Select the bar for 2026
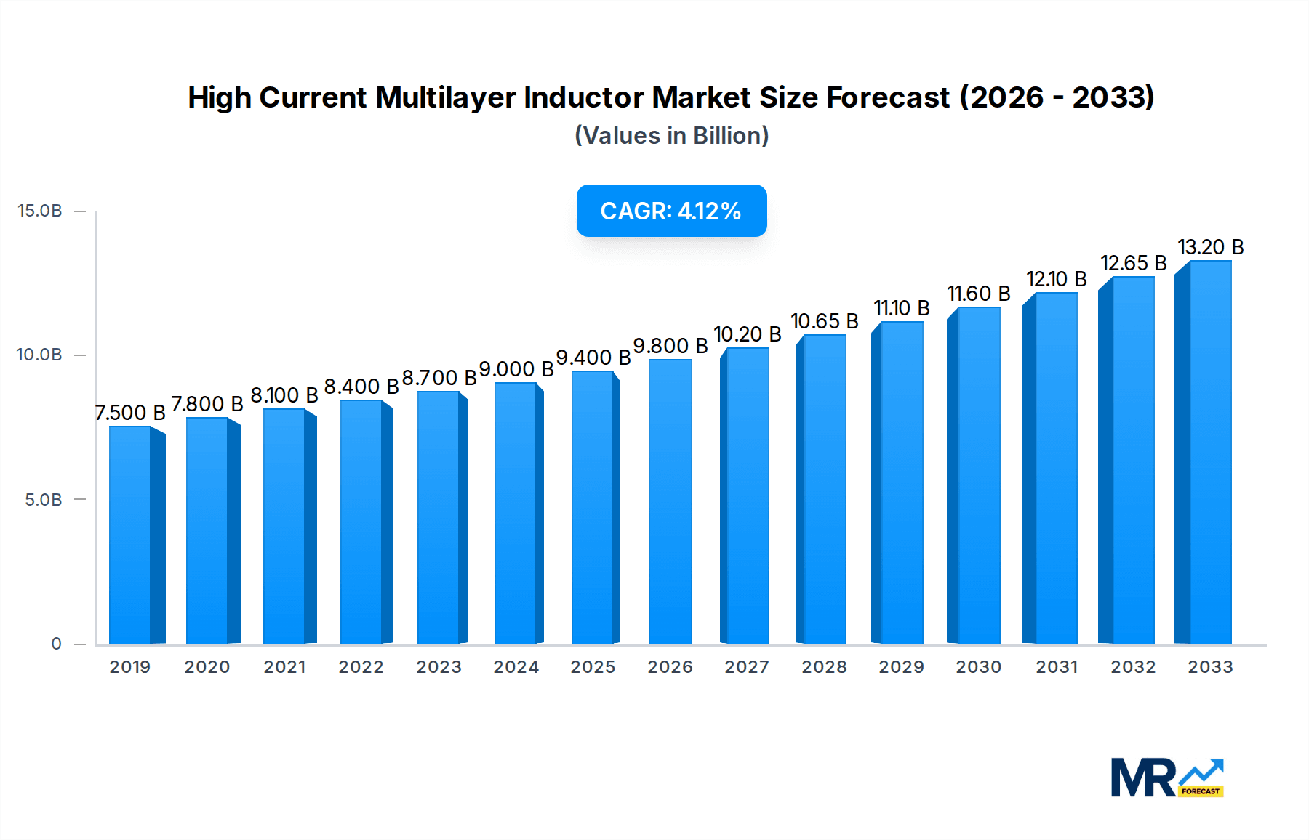[x=670, y=501]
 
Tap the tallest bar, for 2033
[x=1209, y=452]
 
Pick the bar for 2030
[x=978, y=475]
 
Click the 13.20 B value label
[x=1210, y=247]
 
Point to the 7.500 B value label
[x=131, y=413]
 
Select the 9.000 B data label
[x=516, y=369]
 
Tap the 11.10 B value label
[x=901, y=308]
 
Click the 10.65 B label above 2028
[x=824, y=321]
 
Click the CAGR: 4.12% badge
[x=671, y=211]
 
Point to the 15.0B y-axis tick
[x=40, y=211]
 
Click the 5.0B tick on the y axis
[x=44, y=500]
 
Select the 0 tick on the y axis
[x=56, y=644]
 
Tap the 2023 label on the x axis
[x=439, y=667]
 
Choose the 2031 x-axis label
[x=1056, y=667]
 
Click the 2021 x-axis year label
[x=284, y=667]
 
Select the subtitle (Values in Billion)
[x=671, y=136]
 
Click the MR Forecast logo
[x=1166, y=778]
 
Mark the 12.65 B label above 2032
[x=1133, y=263]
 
